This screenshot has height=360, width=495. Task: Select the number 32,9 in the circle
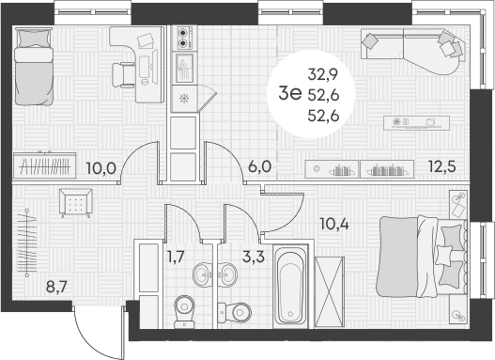324,71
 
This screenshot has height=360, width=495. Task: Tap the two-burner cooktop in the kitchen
183,38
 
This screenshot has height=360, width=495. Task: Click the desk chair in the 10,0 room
124,72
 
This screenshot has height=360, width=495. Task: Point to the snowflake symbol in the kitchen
184,98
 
